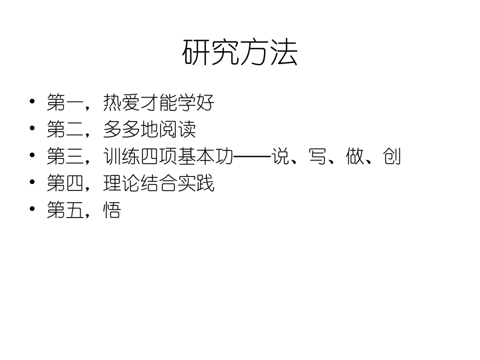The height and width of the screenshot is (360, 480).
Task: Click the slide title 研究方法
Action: (239, 52)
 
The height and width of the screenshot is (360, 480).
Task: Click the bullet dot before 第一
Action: (32, 101)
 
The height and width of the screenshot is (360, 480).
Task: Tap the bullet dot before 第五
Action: (32, 209)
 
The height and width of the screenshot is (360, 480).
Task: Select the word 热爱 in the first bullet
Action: (122, 102)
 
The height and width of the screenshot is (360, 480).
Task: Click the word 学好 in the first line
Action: (196, 102)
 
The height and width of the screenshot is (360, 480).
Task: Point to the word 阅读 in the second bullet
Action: (177, 129)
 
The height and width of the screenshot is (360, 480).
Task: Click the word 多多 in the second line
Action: (122, 129)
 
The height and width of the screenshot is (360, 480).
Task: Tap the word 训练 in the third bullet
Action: (122, 156)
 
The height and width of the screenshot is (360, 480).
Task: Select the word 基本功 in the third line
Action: (205, 156)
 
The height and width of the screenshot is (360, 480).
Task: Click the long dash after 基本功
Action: (252, 157)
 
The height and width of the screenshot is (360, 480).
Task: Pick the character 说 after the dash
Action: (280, 156)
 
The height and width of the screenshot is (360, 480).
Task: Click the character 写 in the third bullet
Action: (317, 156)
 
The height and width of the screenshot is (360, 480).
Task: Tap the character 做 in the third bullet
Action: (355, 156)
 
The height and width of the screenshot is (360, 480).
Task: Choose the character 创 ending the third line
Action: (392, 156)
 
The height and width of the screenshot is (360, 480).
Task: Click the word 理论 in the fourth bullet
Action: (122, 183)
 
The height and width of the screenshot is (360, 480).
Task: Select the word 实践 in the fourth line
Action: (196, 183)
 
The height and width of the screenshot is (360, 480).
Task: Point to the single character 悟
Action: (112, 210)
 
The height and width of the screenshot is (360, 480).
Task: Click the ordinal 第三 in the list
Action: (65, 156)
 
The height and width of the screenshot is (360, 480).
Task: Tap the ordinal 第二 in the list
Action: (65, 129)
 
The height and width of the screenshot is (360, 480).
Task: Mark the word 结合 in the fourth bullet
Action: (158, 183)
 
